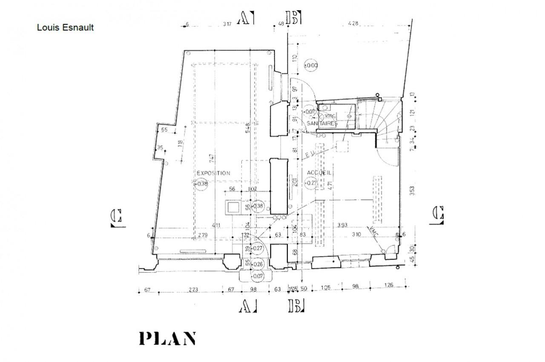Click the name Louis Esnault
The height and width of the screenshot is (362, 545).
65,28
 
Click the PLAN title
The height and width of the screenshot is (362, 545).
167,338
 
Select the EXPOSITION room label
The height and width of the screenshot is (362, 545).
213,173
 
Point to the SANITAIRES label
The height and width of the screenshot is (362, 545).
322,124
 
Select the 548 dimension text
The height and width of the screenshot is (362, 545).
247,131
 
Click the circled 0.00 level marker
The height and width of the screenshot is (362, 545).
311,66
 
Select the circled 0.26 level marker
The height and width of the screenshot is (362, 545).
258,264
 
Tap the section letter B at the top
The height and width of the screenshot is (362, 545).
294,18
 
